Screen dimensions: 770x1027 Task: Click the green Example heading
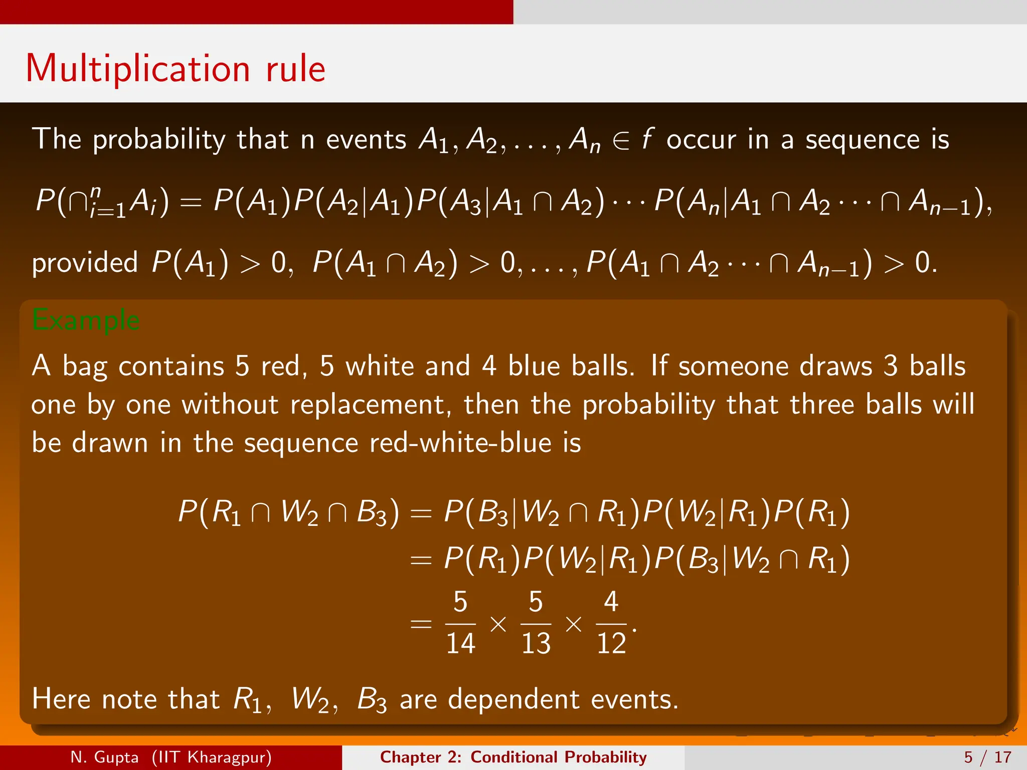click(x=86, y=320)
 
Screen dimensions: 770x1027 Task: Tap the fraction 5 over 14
click(x=460, y=623)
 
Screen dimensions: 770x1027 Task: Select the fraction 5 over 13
click(x=536, y=623)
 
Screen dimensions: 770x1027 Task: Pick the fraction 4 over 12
click(x=611, y=623)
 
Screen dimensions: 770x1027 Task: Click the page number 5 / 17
click(x=987, y=757)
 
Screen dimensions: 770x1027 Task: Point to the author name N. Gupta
click(x=104, y=757)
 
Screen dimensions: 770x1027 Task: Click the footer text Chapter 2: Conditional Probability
click(x=513, y=757)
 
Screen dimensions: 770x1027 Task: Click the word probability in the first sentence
click(x=159, y=140)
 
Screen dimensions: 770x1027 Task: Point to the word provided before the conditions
click(x=85, y=263)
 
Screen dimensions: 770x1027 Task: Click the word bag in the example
click(x=85, y=367)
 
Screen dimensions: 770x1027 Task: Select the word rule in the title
click(x=296, y=69)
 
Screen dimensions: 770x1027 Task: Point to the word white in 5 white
click(x=379, y=366)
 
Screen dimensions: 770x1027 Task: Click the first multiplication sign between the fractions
click(x=498, y=624)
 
